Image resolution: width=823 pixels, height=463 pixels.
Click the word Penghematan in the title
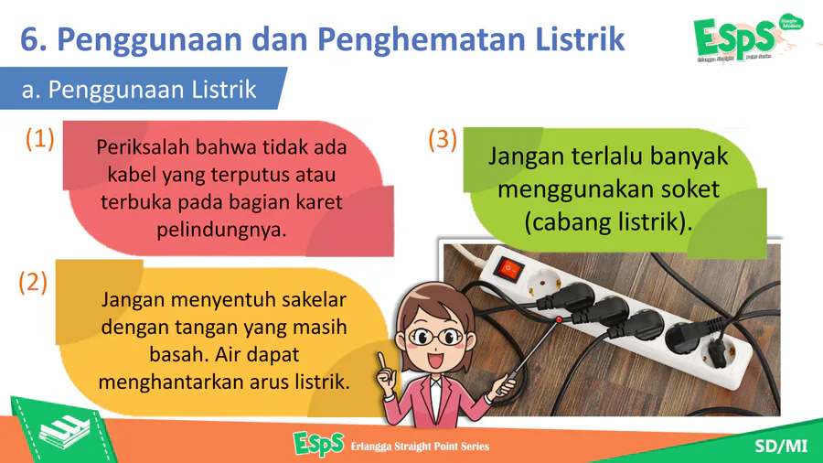(421, 40)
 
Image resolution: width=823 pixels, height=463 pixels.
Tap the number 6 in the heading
(29, 40)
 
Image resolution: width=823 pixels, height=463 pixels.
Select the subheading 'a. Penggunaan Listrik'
(139, 90)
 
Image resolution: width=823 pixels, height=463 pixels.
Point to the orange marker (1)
(40, 139)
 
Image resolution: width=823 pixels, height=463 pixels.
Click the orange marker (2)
(33, 283)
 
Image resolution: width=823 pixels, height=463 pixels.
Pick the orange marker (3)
(443, 140)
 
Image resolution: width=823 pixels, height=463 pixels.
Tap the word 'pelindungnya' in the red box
(221, 230)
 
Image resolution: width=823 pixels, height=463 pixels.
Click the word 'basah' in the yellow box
(178, 354)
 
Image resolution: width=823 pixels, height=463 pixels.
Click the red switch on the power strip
(509, 269)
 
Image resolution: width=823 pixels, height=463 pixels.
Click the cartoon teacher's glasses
(434, 337)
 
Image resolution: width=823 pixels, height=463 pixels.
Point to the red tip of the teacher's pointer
(559, 319)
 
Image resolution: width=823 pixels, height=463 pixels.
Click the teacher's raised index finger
(381, 361)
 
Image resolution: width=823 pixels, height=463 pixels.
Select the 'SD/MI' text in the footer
(781, 447)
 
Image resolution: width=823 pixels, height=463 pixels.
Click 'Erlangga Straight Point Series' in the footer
(420, 447)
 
